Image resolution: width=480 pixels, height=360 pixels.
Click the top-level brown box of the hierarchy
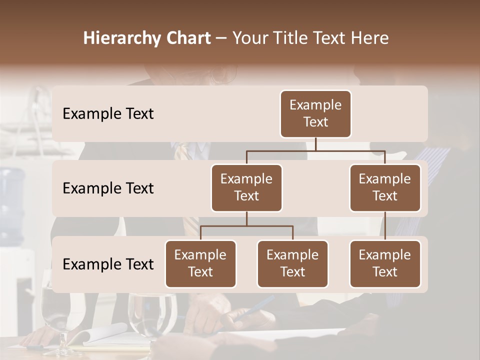[x=315, y=113]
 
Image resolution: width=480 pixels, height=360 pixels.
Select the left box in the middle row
[x=246, y=187]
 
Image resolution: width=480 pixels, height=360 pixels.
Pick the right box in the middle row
[x=385, y=187]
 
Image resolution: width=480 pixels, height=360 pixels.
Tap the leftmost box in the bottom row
[x=200, y=263]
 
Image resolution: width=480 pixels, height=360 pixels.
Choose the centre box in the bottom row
[x=292, y=263]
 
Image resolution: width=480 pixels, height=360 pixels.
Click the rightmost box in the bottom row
[x=385, y=263]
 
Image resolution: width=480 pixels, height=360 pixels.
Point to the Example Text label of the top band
[x=108, y=113]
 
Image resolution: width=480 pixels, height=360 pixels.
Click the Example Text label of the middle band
[x=108, y=188]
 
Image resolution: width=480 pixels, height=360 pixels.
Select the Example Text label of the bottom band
[x=108, y=264]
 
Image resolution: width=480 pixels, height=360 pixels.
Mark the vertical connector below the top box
[x=315, y=144]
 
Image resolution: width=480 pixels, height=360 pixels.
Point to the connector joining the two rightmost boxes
[x=385, y=226]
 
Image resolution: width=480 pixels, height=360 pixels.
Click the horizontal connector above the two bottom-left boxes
[x=246, y=226]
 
